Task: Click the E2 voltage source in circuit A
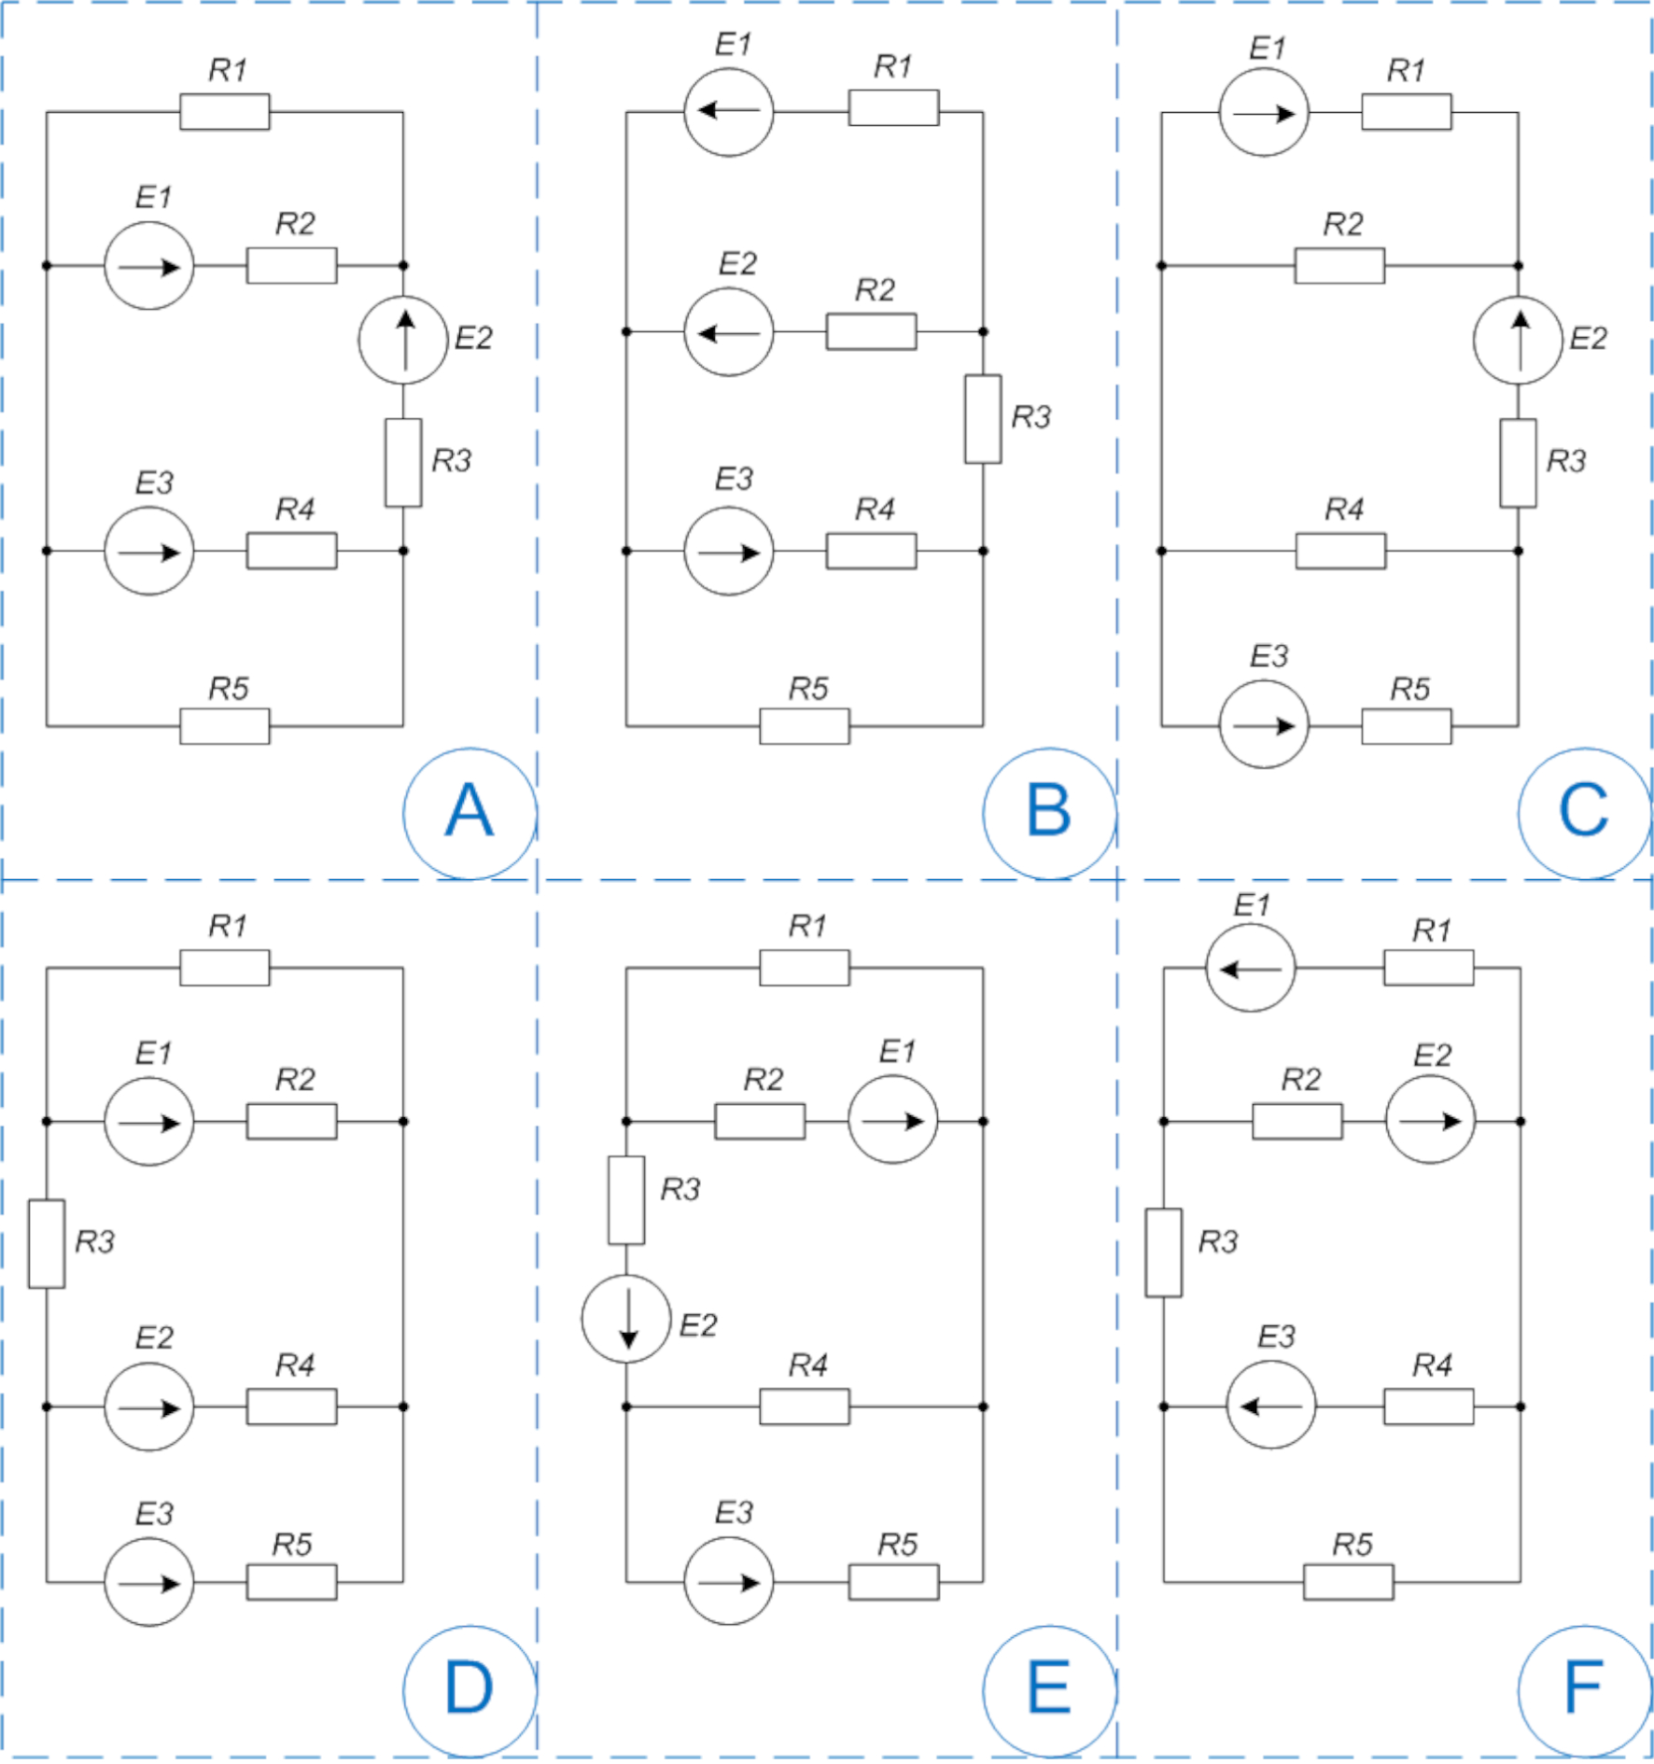point(403,341)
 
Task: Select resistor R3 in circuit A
point(403,463)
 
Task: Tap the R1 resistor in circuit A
point(225,112)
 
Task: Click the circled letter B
point(1049,813)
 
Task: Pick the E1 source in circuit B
point(728,111)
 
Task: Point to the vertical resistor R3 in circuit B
point(983,419)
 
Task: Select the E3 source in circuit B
point(728,552)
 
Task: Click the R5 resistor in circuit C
point(1406,726)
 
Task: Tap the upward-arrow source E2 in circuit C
point(1518,341)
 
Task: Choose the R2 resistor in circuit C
point(1339,266)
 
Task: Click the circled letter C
point(1584,813)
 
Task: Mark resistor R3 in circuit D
point(47,1244)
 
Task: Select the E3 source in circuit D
point(149,1582)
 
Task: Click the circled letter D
point(470,1690)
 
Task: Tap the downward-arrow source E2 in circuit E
point(626,1319)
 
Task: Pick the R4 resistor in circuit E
point(805,1407)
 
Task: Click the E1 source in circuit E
point(893,1120)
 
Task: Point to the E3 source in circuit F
point(1270,1405)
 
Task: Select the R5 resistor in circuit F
point(1348,1582)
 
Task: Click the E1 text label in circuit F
point(1252,905)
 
